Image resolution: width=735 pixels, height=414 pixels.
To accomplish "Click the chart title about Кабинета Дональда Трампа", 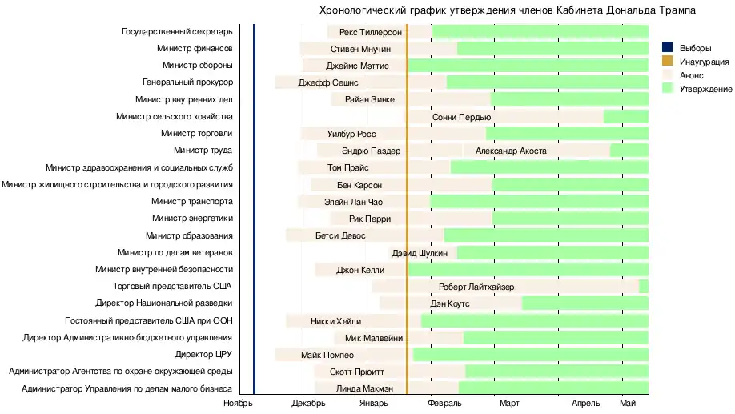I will point(507,10).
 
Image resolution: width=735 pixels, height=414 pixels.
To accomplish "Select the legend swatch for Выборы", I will point(666,48).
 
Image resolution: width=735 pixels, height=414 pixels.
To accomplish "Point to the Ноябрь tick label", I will point(238,403).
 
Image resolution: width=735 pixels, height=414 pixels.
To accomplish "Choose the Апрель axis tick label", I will point(585,403).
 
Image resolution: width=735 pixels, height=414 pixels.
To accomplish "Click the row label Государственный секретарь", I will point(177,32).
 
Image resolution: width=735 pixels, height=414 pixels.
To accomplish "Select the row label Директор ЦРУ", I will point(203,354).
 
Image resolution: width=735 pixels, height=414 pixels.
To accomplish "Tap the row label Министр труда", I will point(203,151).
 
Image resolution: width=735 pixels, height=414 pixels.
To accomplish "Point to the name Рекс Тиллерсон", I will point(370,32).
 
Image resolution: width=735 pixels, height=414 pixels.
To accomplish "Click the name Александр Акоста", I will point(511,151).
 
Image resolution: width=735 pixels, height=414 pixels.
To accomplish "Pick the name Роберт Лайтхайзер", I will point(476,287).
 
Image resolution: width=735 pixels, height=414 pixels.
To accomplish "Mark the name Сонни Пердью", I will point(462,117).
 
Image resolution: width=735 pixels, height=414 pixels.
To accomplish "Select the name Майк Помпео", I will point(327,355).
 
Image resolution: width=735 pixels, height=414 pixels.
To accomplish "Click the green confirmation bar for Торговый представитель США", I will point(644,287).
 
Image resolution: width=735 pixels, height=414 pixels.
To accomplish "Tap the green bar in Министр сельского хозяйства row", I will point(625,117).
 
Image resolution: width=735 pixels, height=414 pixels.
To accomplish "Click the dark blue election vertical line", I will point(254,208).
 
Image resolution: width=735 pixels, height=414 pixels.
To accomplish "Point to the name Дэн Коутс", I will point(450,303).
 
